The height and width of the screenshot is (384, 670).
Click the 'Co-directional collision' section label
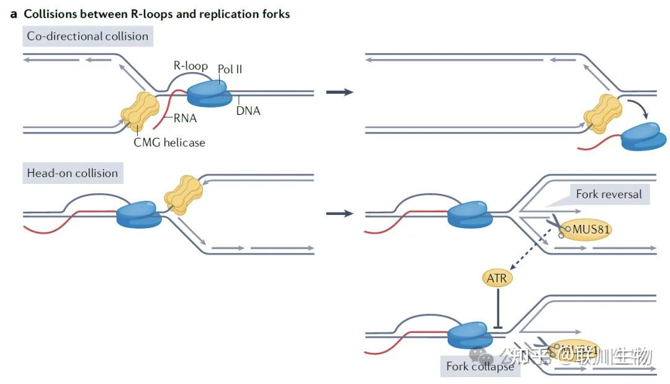[x=87, y=36]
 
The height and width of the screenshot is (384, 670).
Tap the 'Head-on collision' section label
[x=72, y=173]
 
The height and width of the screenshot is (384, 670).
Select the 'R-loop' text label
[x=190, y=65]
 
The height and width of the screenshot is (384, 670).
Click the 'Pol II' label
[x=230, y=69]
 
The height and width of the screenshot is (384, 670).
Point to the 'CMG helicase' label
[x=169, y=142]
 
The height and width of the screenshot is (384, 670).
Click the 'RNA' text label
[x=185, y=118]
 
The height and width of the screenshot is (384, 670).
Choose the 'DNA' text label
[x=248, y=111]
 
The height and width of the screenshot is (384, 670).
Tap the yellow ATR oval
[x=497, y=278]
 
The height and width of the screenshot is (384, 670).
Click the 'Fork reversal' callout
[x=609, y=194]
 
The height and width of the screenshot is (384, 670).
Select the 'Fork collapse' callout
[x=480, y=367]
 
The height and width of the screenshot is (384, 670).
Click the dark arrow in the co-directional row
[x=339, y=92]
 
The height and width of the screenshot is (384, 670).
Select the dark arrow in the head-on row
[x=339, y=213]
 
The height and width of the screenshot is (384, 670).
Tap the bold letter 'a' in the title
[x=14, y=14]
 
